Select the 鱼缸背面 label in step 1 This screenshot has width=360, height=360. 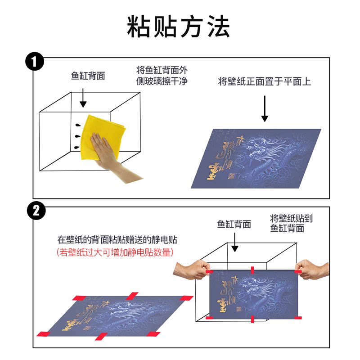[x=88, y=76]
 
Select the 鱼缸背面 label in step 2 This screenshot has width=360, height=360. [x=234, y=224]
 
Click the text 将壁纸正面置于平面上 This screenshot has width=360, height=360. [x=264, y=81]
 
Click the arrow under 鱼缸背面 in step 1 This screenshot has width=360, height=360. [x=83, y=97]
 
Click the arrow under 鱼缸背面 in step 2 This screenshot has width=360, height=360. [x=234, y=243]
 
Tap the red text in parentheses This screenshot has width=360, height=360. [x=115, y=252]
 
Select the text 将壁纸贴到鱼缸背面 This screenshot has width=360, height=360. [x=291, y=223]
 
